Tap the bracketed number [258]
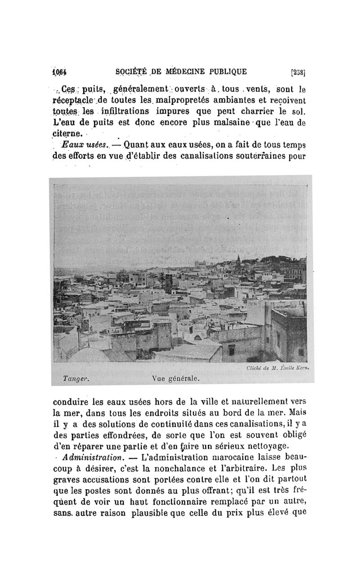coord(298,71)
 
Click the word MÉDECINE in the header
coord(189,71)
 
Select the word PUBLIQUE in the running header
coord(228,71)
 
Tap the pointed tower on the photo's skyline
coord(238,260)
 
